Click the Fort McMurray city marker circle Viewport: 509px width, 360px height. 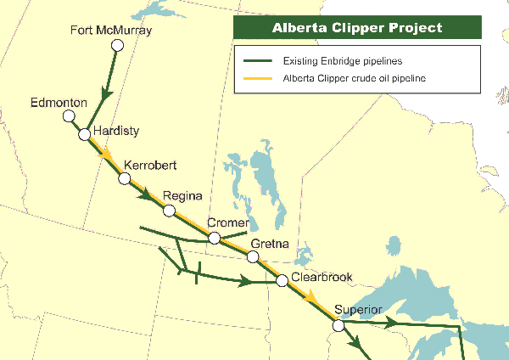(x=118, y=45)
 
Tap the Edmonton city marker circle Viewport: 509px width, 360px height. (x=68, y=117)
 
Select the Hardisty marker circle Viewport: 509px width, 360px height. (x=84, y=134)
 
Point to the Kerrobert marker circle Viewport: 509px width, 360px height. (x=125, y=178)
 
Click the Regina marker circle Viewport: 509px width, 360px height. (x=170, y=210)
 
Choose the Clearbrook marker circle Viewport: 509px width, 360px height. (x=282, y=280)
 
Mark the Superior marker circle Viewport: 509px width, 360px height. (x=338, y=325)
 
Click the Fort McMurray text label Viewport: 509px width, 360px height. (x=110, y=31)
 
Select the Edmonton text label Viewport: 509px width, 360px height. (x=59, y=103)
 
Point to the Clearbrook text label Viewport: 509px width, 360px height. (x=321, y=277)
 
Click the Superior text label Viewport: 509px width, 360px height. (x=359, y=309)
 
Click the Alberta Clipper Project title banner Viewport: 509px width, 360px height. (x=357, y=27)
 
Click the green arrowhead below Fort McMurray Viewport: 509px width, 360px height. (x=106, y=93)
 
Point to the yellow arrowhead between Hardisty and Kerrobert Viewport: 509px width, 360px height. (x=107, y=156)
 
